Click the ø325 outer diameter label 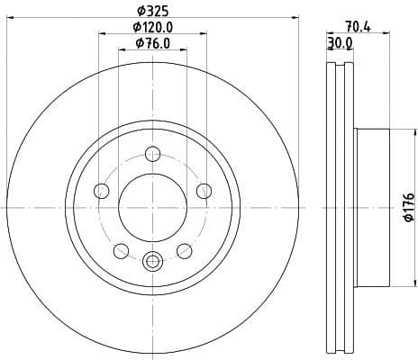pos(152,11)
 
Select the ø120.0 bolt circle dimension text pos(152,27)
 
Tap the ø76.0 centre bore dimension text pos(152,42)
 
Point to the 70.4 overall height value pos(358,27)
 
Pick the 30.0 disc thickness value pos(340,42)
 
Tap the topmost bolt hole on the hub pos(152,153)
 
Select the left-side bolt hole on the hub pos(101,191)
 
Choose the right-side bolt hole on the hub pos(204,191)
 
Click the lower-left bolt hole pos(121,250)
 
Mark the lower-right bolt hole pos(184,250)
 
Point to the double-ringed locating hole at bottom pos(152,262)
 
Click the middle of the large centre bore pos(152,207)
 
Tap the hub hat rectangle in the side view pos(372,207)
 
